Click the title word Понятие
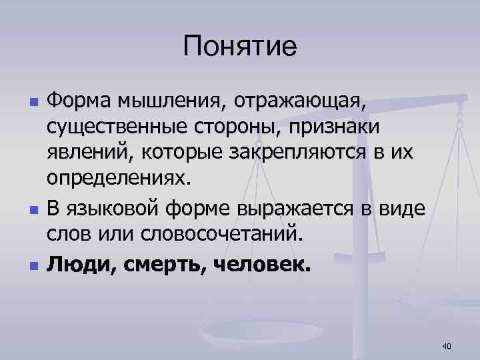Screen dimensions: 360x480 tap(240, 46)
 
